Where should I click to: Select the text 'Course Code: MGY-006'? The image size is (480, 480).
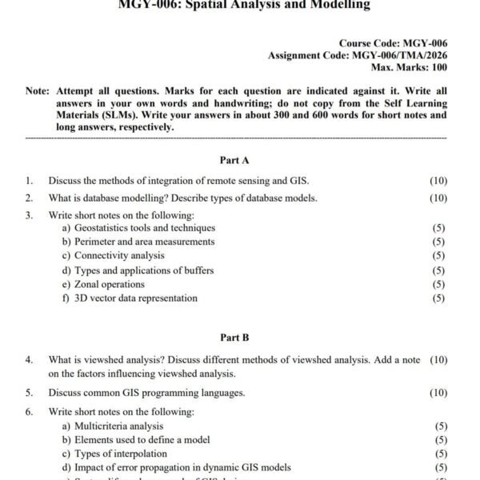coord(393,42)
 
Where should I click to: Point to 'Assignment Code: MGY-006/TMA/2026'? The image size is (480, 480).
coord(358,55)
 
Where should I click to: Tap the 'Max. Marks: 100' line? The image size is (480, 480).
coord(406,68)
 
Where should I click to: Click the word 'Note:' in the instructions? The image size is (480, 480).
coord(38,91)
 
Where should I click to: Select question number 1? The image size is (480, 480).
coord(29,181)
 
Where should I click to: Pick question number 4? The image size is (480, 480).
coord(29,360)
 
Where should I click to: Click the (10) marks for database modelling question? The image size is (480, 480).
coord(438,198)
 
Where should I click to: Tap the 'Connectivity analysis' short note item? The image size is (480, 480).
coord(119,256)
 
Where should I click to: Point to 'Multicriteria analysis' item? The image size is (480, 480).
coord(118,426)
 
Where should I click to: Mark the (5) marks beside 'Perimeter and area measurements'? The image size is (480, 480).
coord(438,242)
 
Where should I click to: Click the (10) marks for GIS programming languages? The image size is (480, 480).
coord(438,393)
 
